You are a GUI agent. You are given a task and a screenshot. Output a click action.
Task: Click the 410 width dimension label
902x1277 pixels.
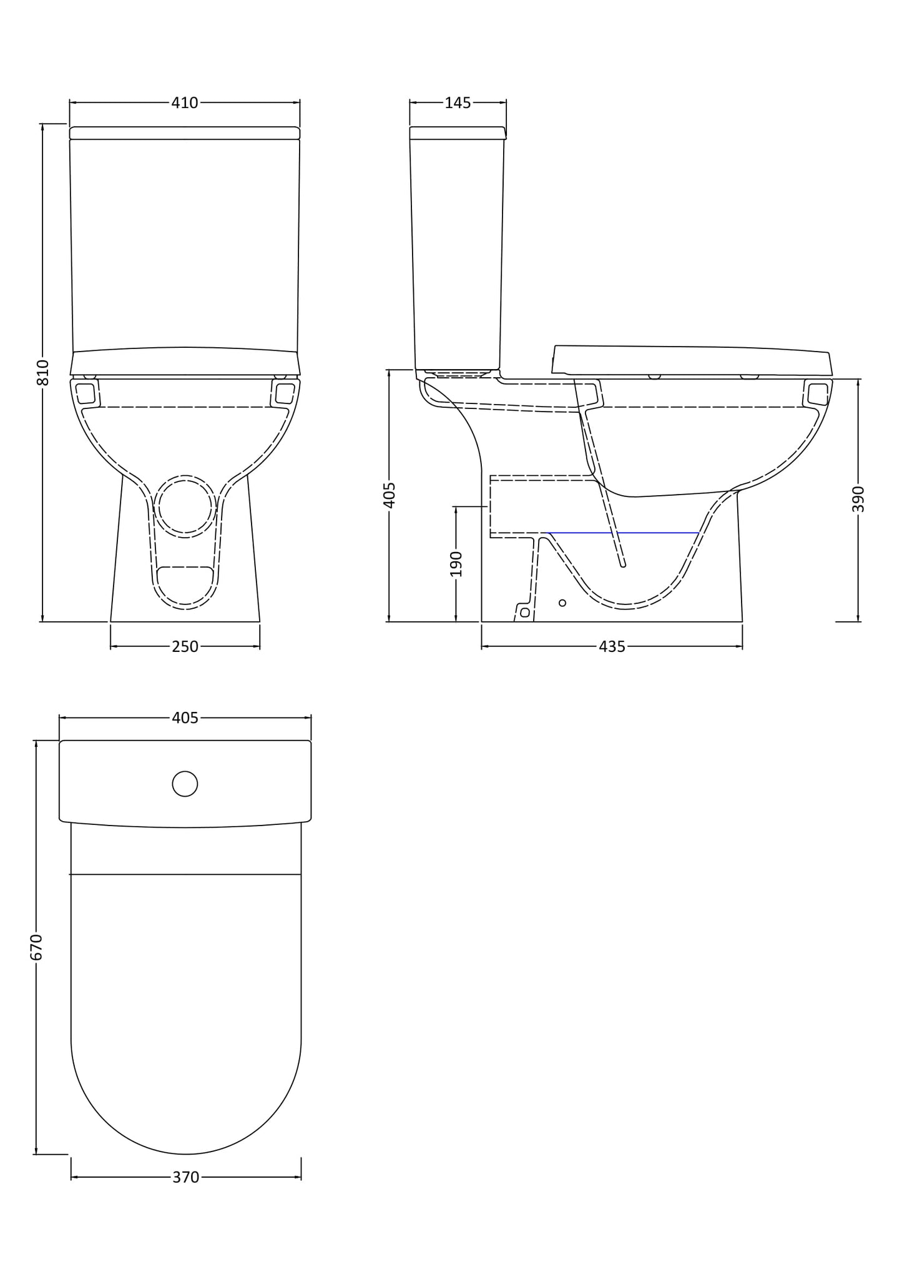(185, 103)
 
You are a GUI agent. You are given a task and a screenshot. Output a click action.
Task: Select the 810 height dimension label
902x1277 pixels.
(43, 372)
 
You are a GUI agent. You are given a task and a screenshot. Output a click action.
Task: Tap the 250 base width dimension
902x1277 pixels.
(185, 647)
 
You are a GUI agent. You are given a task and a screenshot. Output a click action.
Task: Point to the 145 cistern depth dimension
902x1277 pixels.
(458, 103)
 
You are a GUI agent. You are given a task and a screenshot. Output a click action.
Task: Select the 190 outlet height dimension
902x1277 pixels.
(456, 563)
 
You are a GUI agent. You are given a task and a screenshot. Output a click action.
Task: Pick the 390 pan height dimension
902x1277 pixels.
(858, 498)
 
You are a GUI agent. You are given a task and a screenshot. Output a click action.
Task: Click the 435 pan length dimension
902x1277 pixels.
(612, 647)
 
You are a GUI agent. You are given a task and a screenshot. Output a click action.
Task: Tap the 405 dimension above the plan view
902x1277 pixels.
(185, 718)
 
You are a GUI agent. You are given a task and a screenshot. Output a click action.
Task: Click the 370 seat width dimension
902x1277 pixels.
(185, 1177)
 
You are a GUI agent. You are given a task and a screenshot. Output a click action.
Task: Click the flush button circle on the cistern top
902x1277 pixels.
(185, 784)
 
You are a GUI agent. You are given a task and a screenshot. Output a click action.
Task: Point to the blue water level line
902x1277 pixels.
(624, 533)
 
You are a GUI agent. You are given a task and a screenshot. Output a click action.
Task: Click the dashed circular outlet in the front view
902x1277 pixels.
(185, 506)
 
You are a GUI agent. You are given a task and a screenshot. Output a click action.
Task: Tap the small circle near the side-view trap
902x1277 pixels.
(562, 603)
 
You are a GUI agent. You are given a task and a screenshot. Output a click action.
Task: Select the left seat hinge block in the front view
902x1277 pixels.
(86, 393)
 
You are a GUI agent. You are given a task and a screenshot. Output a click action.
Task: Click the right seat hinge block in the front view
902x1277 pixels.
(285, 393)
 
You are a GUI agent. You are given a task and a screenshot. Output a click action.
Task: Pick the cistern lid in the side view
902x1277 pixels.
(458, 133)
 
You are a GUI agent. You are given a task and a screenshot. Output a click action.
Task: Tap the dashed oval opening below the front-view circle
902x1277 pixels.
(185, 587)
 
